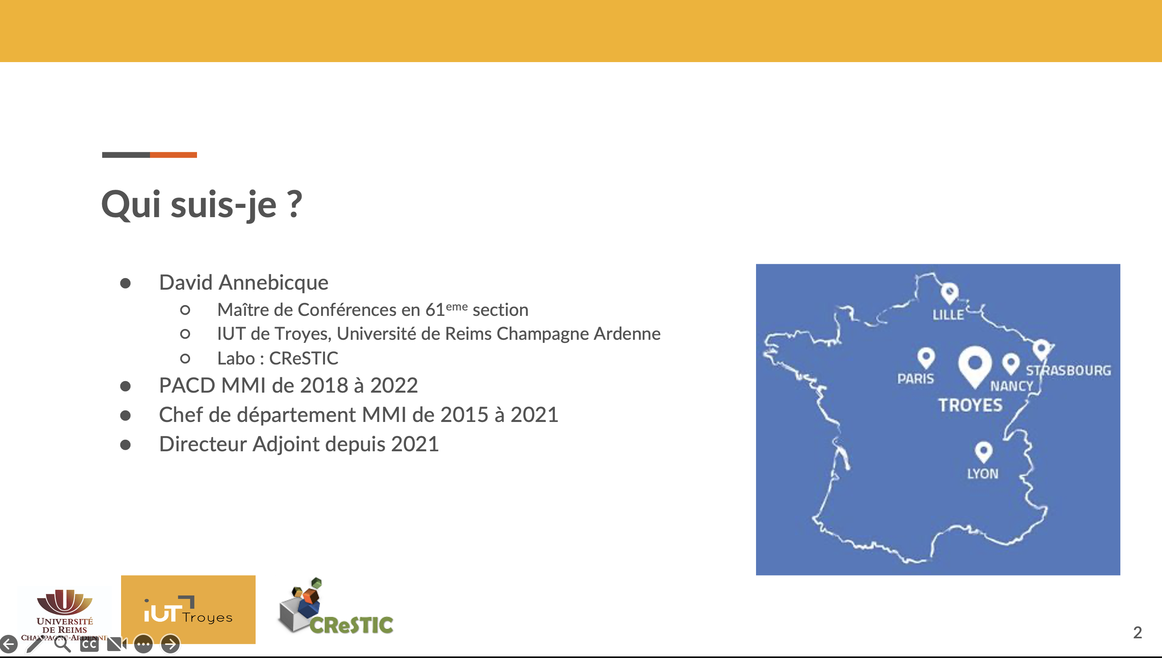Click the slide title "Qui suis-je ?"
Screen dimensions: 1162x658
pos(201,204)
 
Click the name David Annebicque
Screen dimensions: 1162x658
pos(244,282)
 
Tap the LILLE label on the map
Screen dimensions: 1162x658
pos(948,315)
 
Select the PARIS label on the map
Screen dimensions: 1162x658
pos(915,378)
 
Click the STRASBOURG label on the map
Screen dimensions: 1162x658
pos(1068,371)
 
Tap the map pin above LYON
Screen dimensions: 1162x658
pos(983,452)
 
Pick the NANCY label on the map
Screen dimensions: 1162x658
pos(1012,386)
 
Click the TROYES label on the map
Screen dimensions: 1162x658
pos(970,405)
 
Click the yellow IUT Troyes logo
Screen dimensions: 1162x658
pos(188,609)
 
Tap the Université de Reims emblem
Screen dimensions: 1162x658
pos(65,601)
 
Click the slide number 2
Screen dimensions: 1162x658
pos(1138,632)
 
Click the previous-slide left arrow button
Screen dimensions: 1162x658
pos(8,644)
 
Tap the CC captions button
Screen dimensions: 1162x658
pos(89,644)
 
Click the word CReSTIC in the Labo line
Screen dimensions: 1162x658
pos(303,358)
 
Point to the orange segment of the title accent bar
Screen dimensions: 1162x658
pos(173,155)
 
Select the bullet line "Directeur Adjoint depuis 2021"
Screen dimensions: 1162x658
pos(299,444)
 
